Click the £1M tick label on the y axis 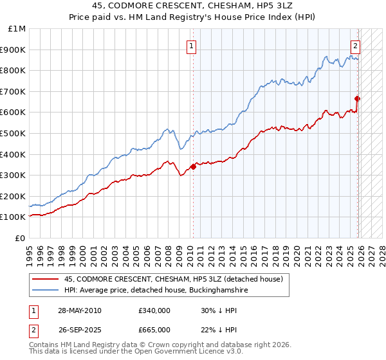coord(17,29)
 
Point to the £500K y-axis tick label coord(15,134)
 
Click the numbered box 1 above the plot coord(192,46)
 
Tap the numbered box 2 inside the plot coord(354,46)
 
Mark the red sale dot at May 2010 coord(193,167)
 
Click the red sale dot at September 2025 coord(358,98)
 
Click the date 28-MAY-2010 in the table coord(79,310)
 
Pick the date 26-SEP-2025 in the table coord(78,330)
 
